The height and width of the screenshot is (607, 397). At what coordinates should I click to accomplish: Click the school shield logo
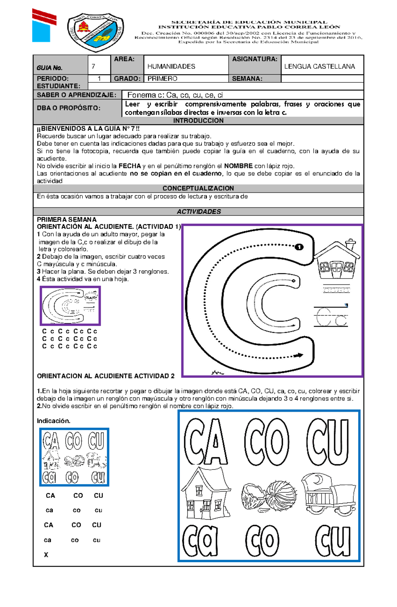96,32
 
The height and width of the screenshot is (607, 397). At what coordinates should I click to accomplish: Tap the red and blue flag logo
44,26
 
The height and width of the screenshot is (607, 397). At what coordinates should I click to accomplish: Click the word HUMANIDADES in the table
171,66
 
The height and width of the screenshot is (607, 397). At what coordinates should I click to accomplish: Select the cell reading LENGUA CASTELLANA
319,66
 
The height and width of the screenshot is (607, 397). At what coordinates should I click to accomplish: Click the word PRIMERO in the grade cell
162,79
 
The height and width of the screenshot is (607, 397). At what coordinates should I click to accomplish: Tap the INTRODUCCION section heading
198,121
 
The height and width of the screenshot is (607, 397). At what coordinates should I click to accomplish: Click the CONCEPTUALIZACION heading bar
198,188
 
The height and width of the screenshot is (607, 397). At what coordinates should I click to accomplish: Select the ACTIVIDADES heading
198,212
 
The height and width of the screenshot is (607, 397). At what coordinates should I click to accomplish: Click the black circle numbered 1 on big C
299,247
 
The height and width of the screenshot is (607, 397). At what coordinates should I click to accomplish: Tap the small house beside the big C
336,260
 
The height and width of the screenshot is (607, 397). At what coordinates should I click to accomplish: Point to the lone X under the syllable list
46,555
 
